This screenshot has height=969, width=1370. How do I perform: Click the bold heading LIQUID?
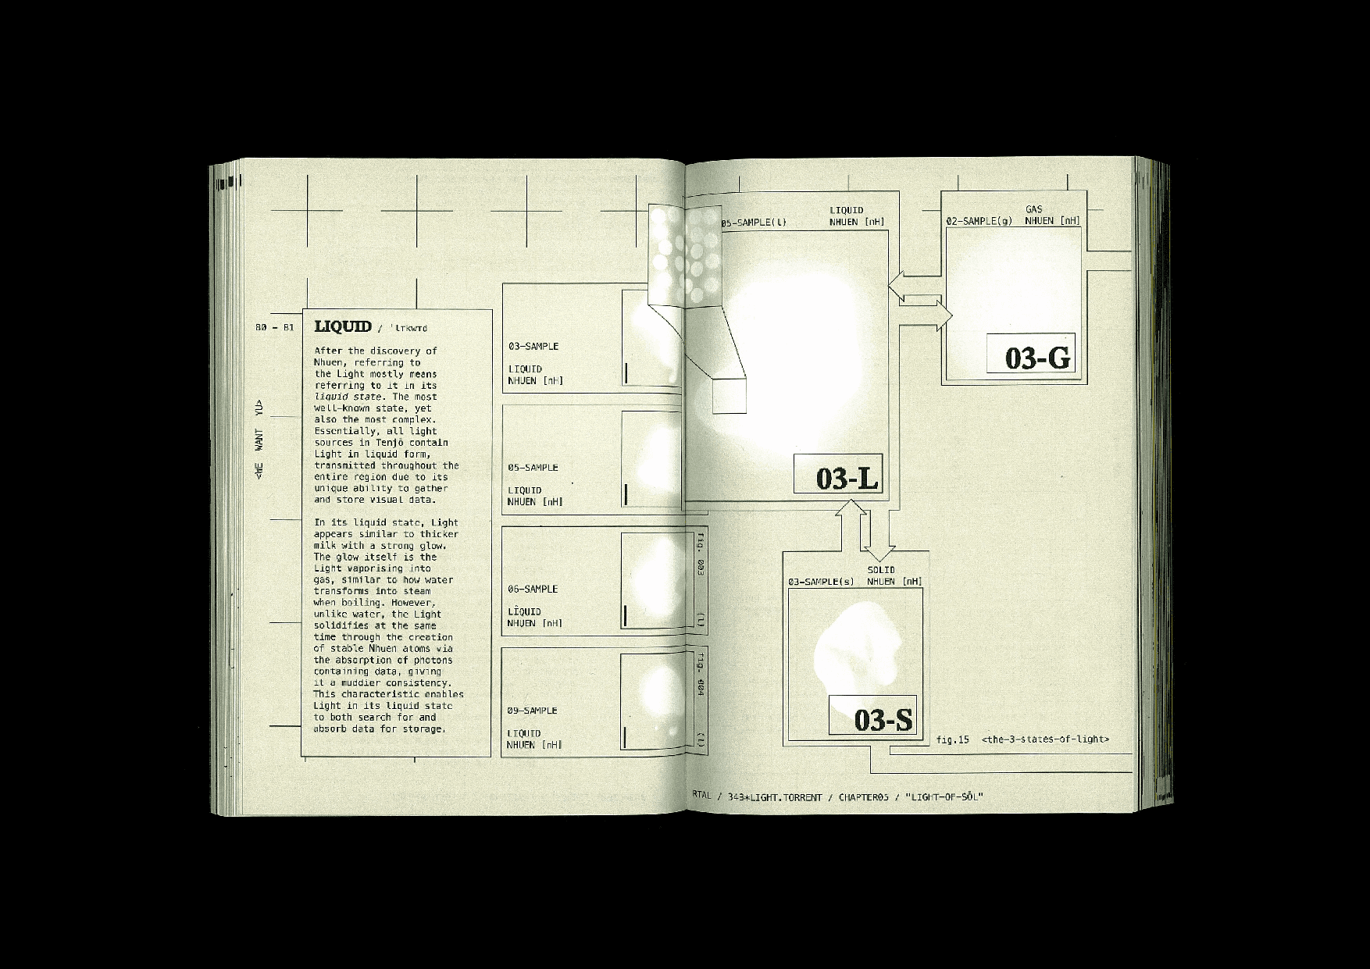(343, 326)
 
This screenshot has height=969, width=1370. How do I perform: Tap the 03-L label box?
(838, 474)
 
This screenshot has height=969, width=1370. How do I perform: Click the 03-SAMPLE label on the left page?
(533, 346)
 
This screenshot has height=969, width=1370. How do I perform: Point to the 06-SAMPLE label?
(533, 589)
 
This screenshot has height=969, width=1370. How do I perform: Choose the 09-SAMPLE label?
(532, 711)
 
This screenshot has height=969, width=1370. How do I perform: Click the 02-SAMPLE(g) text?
(979, 221)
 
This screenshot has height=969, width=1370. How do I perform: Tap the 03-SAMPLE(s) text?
(821, 582)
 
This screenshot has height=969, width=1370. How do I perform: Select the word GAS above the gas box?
(1033, 209)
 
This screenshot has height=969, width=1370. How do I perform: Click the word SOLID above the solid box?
(881, 570)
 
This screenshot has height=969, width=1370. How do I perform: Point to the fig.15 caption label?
(952, 739)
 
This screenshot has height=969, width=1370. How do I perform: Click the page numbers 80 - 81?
(275, 327)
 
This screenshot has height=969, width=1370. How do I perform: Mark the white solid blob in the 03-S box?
(855, 648)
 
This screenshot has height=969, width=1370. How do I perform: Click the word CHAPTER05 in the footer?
(864, 797)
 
